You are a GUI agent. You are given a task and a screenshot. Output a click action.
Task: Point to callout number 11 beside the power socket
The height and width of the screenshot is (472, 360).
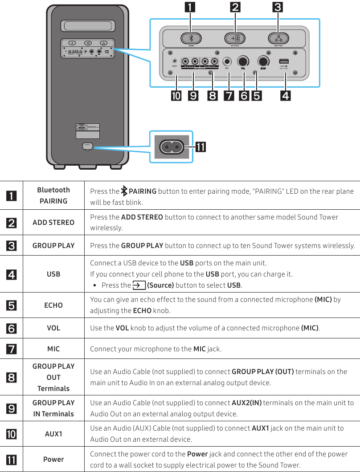200,146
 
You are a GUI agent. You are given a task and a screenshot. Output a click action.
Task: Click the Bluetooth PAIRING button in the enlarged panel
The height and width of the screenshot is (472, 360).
191,38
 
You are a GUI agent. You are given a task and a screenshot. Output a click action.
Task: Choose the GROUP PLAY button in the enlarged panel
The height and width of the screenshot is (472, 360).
278,38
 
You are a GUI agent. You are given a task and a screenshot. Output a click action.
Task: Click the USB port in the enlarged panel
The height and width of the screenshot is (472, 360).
284,61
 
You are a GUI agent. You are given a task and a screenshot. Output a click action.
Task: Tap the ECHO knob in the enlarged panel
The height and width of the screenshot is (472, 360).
263,61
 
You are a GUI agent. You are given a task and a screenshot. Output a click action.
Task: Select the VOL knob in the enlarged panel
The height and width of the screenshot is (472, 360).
243,61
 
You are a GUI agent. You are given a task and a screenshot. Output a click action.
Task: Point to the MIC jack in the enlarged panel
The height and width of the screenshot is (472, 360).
227,62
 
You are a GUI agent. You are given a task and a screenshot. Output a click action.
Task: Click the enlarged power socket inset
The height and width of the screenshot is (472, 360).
171,146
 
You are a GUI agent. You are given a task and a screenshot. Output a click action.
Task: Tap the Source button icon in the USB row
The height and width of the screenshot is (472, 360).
136,285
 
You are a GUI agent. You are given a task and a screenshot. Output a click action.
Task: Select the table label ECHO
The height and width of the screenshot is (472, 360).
53,305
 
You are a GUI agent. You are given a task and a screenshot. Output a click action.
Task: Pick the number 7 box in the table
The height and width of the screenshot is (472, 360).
11,349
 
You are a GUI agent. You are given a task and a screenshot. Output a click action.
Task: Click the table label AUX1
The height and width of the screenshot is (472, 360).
53,434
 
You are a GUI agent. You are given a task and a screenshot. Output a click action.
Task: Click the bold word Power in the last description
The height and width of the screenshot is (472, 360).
196,454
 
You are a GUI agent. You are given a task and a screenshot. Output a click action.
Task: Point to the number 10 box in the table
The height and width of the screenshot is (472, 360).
11,434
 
